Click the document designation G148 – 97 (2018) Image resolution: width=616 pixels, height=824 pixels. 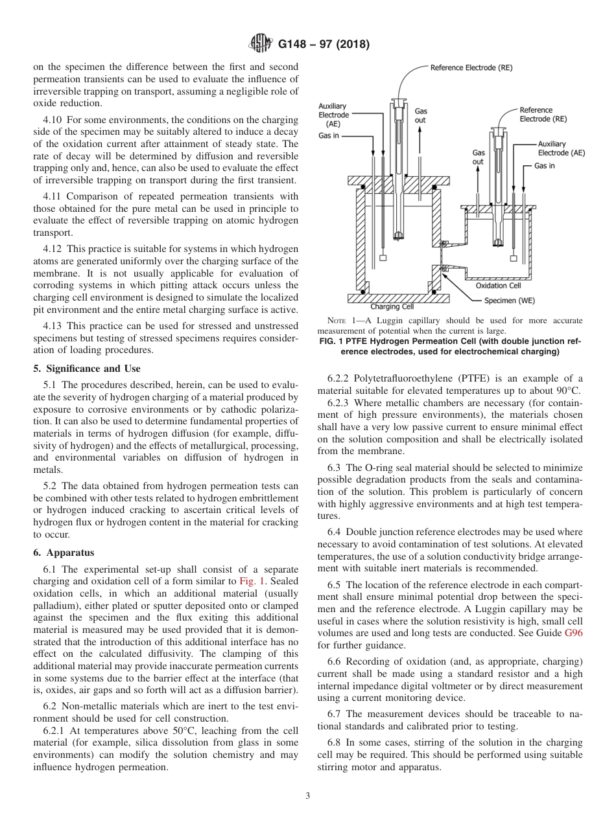point(323,45)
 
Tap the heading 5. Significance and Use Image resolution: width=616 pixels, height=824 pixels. point(86,369)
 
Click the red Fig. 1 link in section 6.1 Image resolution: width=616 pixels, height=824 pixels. point(252,581)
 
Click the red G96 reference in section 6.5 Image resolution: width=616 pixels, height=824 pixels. point(574,633)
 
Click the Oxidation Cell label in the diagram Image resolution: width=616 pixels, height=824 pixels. point(498,286)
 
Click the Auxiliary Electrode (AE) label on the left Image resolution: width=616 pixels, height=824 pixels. point(333,115)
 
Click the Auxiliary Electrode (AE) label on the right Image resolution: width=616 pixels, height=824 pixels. point(561,148)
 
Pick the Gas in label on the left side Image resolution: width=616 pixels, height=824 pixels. point(329,136)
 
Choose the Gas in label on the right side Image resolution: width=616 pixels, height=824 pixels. point(544,166)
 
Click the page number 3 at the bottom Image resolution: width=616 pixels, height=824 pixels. point(307,796)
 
